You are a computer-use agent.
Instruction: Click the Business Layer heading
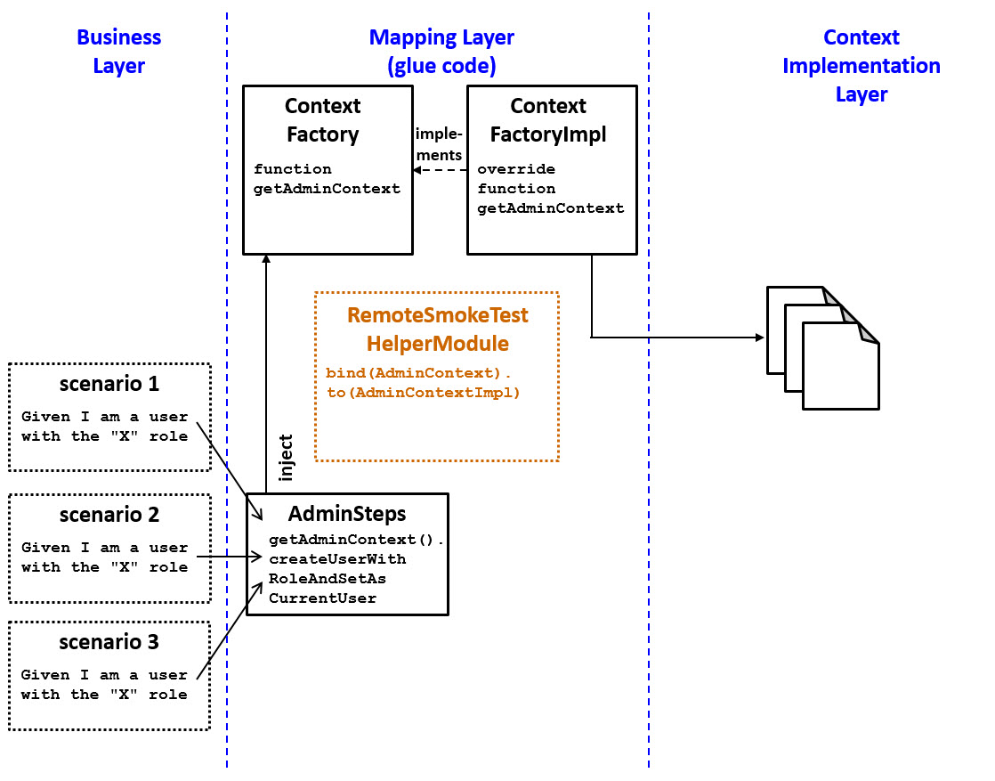tap(118, 52)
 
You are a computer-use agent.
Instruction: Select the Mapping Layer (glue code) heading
tap(441, 52)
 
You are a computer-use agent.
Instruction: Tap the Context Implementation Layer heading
tap(861, 66)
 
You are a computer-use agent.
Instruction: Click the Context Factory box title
tap(322, 120)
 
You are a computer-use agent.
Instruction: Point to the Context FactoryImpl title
tap(548, 120)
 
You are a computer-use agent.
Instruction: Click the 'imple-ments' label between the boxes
tap(439, 143)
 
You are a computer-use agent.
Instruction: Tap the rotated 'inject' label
tap(286, 458)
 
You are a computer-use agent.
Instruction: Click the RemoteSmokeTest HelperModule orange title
tap(437, 329)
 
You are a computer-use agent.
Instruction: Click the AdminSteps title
tap(347, 514)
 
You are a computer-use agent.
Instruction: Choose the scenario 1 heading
tap(109, 385)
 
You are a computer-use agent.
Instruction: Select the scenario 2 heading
tap(109, 515)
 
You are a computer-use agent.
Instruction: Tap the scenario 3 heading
tap(109, 642)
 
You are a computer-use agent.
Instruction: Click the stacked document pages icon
tap(824, 347)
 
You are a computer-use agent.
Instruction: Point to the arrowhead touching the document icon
tap(759, 338)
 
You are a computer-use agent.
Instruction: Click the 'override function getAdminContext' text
tap(550, 189)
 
